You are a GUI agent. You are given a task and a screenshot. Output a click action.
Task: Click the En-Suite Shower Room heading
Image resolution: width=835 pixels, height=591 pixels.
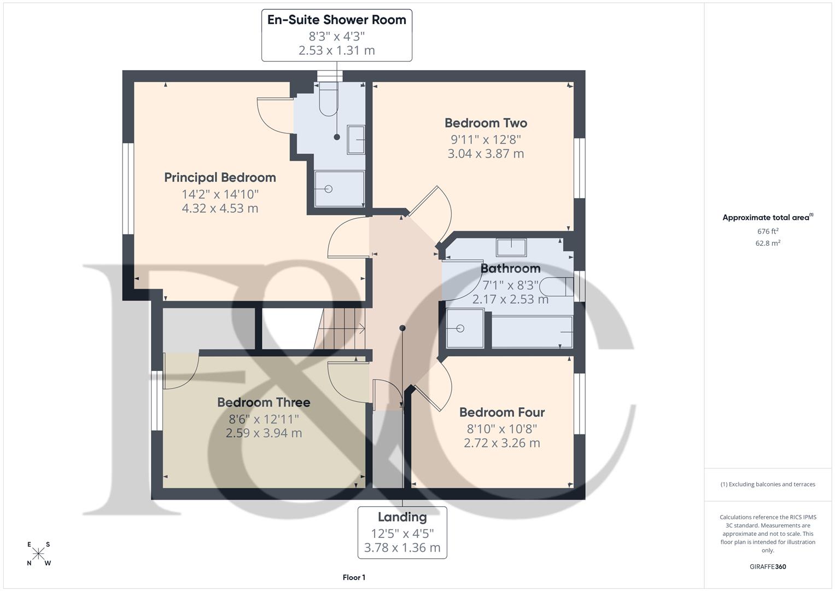(336, 20)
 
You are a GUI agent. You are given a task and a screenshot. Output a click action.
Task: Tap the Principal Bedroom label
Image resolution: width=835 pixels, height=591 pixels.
(220, 178)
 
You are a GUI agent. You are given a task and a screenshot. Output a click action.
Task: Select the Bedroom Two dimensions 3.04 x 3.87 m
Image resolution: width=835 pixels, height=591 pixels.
(486, 154)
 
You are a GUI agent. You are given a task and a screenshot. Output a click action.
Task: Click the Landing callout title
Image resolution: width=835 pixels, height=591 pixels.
(402, 517)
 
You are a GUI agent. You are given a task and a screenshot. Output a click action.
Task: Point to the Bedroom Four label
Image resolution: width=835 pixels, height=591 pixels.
(501, 413)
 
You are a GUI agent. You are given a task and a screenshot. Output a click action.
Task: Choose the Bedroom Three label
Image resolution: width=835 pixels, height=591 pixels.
(264, 403)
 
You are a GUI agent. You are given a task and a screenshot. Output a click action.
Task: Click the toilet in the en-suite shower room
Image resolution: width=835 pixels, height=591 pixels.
(328, 100)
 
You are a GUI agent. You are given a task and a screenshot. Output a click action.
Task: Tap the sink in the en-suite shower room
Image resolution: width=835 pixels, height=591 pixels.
(356, 140)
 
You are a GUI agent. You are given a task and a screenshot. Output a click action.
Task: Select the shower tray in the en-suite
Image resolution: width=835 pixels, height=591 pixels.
(339, 189)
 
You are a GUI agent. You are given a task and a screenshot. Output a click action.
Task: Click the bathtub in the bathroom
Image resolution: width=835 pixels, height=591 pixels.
(532, 332)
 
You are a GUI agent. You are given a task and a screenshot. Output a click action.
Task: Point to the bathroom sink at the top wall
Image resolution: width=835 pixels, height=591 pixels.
(511, 247)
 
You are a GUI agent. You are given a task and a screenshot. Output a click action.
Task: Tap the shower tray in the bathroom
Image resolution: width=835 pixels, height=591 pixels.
(465, 328)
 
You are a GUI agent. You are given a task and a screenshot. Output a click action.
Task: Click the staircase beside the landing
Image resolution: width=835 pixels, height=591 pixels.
(342, 328)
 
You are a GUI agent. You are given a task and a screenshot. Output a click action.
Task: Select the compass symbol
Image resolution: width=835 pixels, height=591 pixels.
(39, 554)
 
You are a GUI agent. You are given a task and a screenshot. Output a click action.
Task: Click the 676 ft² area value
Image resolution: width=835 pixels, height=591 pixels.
(767, 231)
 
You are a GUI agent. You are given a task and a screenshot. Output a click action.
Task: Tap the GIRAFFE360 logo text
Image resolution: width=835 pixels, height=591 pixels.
(767, 567)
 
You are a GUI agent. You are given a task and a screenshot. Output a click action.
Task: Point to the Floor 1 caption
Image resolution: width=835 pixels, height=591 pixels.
(354, 577)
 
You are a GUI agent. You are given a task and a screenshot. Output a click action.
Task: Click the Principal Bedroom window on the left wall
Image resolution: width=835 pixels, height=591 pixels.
(128, 189)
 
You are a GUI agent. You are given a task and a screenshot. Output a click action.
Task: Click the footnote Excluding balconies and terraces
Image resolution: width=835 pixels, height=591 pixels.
(767, 484)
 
